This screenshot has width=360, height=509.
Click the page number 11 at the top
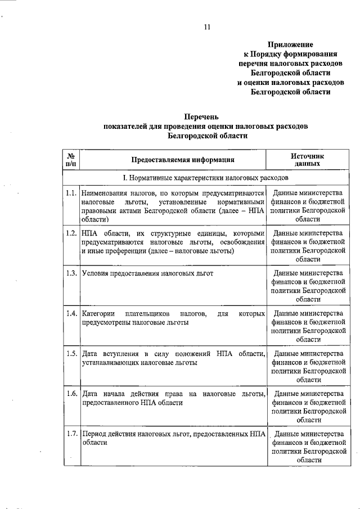tap(207, 27)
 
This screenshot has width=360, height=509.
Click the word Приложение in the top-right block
tap(290, 44)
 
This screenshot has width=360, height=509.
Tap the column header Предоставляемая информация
tap(175, 159)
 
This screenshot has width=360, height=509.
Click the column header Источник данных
tap(307, 159)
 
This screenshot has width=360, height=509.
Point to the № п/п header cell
tap(71, 159)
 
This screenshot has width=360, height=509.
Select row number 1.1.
tap(71, 192)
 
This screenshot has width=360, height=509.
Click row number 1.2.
tap(71, 233)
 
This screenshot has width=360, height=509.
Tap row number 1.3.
tap(71, 273)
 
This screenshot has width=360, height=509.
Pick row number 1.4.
tap(71, 313)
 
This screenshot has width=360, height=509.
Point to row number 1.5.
tap(71, 353)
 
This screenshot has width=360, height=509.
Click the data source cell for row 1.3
tap(307, 286)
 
